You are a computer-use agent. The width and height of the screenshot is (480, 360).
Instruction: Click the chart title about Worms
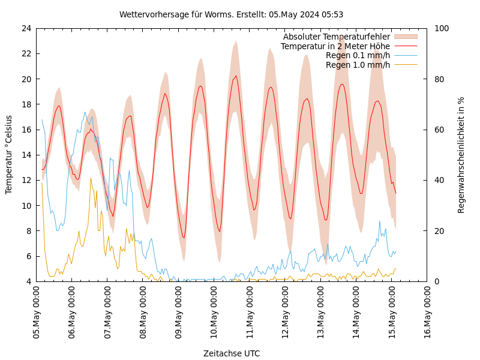pos(231,14)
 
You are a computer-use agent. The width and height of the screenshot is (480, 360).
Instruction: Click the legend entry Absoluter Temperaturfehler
pos(336,37)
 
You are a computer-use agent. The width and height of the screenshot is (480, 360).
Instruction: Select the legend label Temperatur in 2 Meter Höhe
pos(335,46)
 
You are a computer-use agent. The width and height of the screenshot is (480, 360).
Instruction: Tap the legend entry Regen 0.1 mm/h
pos(358,55)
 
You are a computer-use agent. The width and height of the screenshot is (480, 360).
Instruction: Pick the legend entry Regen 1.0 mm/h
pos(358,65)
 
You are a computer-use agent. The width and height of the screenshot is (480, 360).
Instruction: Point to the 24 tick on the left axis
pos(26,28)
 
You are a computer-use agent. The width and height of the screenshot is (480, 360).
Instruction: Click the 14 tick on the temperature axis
pos(26,155)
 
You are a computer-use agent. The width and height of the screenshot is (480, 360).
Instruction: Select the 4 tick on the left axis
pos(28,281)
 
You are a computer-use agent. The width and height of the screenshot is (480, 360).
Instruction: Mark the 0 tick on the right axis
pos(436,281)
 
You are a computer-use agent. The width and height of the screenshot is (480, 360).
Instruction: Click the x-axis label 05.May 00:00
pos(37,313)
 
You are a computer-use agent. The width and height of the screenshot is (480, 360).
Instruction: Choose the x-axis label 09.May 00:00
pos(178,313)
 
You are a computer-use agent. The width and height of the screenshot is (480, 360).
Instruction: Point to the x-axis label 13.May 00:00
pos(320,313)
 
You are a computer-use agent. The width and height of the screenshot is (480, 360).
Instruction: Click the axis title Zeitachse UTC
pos(231,353)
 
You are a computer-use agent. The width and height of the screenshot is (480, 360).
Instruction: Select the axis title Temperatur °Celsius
pos(9,155)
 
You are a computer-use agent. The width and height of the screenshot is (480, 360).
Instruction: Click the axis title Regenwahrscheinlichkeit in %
pos(461,155)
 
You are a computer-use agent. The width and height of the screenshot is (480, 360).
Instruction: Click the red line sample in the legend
pos(405,46)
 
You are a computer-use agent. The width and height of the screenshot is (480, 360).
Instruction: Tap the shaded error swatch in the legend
pos(405,37)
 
